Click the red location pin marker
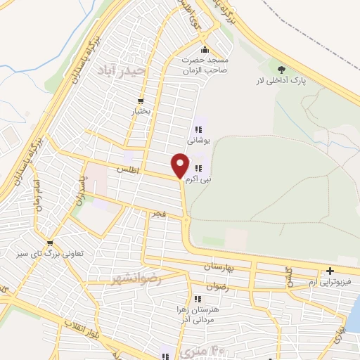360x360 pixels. click(x=181, y=166)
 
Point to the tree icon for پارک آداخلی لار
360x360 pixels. click(x=281, y=70)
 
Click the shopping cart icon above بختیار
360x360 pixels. click(x=141, y=101)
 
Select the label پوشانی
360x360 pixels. click(x=198, y=140)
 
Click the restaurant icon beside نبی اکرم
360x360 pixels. click(x=199, y=169)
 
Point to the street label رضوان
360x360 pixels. click(x=217, y=287)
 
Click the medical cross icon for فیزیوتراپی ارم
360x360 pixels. click(x=329, y=271)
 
